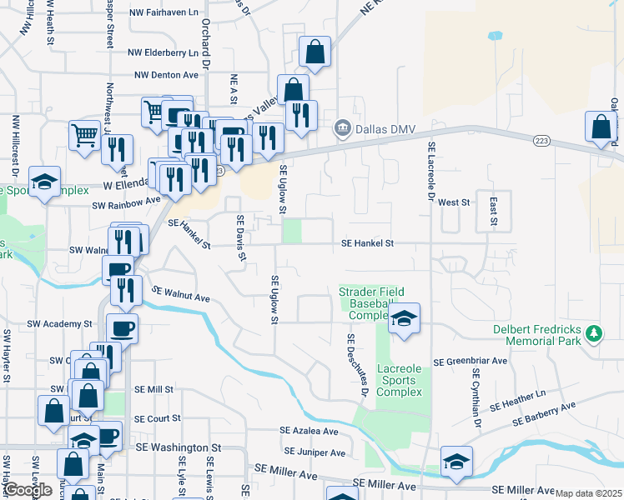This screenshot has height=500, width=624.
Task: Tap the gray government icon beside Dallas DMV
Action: tap(340, 129)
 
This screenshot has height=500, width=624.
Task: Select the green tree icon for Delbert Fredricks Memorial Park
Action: tap(593, 333)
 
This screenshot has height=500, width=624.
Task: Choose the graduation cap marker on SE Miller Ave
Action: tap(456, 462)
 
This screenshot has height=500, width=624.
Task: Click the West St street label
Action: tap(454, 202)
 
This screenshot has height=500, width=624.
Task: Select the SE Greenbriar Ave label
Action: tap(471, 362)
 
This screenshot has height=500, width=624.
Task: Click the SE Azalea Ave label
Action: tap(309, 432)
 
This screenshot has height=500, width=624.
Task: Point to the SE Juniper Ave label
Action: tap(313, 453)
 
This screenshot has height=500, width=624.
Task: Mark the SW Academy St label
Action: tap(58, 323)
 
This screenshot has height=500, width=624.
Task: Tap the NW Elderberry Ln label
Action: tap(164, 52)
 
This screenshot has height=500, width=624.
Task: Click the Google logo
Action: tap(28, 490)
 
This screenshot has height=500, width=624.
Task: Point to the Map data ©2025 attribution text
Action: tap(588, 493)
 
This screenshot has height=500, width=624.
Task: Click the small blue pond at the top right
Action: tap(496, 36)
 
